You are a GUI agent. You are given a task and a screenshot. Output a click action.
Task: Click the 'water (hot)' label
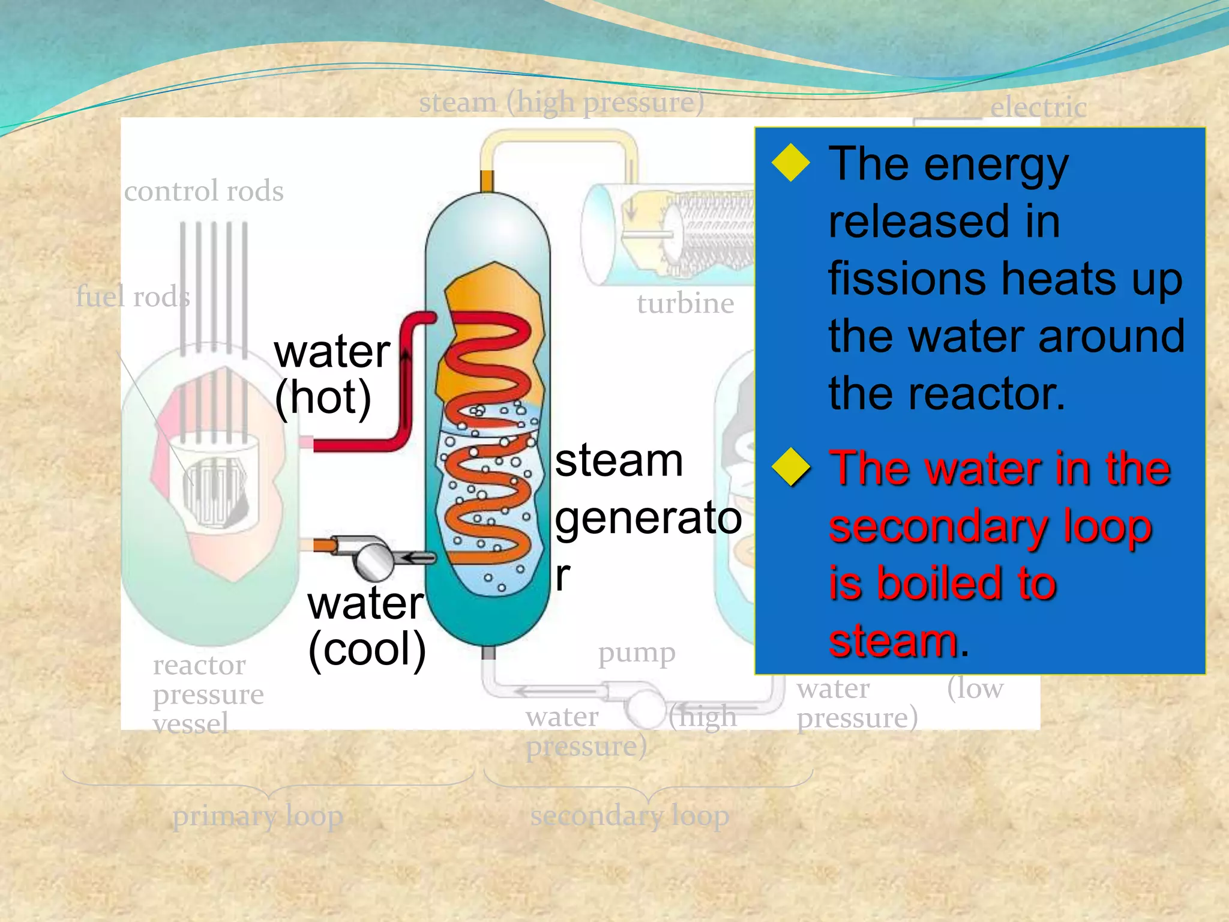331,375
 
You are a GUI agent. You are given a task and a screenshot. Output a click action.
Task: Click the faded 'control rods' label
204,191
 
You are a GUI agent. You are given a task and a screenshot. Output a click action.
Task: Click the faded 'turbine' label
685,304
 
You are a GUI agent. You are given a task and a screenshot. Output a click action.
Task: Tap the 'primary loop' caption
258,816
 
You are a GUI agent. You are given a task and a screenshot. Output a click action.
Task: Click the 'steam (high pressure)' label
562,102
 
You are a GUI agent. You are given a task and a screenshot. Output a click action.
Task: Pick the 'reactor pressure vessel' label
208,695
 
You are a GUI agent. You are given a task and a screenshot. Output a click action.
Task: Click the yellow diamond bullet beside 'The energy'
791,163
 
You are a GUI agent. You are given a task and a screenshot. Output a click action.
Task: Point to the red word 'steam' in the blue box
893,641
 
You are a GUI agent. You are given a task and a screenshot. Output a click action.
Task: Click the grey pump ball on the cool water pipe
373,560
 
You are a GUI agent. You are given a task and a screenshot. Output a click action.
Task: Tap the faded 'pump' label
637,653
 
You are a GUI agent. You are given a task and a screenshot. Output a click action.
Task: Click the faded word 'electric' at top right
1038,108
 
